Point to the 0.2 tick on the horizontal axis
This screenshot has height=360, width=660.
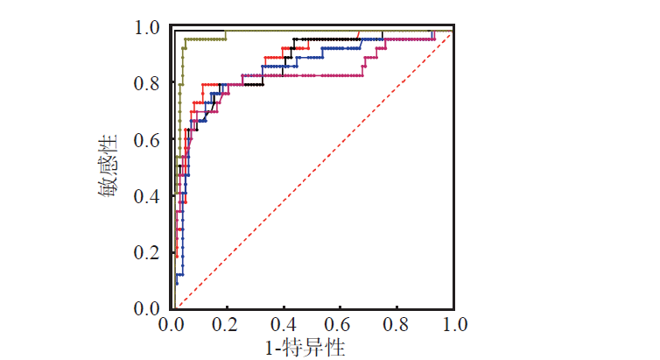tap(228, 324)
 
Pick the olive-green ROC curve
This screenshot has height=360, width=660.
tap(201, 39)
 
